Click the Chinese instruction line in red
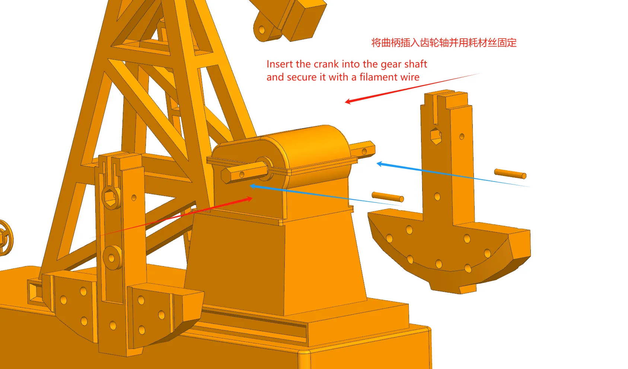[444, 42]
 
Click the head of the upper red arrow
[348, 101]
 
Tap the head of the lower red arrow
[249, 199]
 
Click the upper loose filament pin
[510, 173]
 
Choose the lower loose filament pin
[388, 197]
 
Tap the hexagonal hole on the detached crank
[436, 136]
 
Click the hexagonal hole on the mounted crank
[110, 198]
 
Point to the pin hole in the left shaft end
[242, 175]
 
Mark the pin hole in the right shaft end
[364, 152]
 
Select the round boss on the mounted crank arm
[112, 258]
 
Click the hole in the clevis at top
[262, 29]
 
